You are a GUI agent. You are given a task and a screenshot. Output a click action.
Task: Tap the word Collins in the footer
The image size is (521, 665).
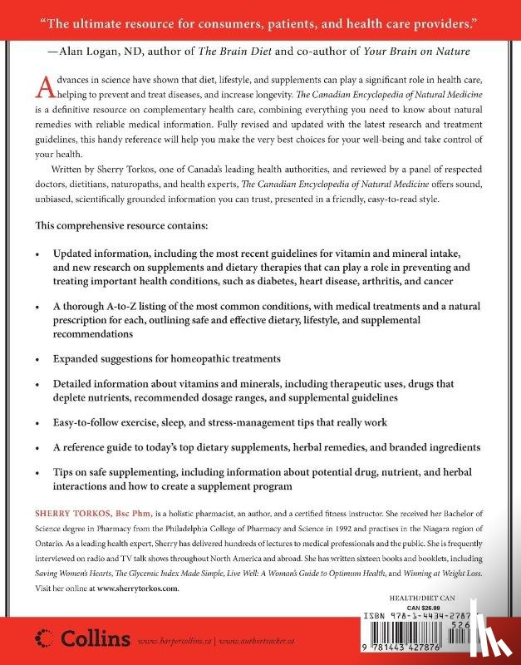click(94, 638)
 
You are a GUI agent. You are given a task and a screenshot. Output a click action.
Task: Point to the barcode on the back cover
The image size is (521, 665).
click(451, 636)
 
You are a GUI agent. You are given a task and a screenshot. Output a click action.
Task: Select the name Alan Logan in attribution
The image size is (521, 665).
click(86, 50)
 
